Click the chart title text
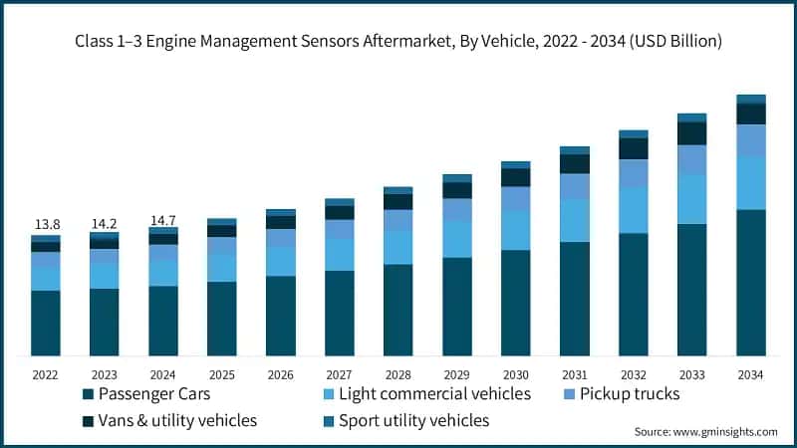pos(398,41)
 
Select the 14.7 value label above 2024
pos(163,218)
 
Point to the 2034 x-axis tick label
pos(750,375)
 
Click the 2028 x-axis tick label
pos(398,375)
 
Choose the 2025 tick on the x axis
pos(221,375)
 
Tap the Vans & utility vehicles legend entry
pos(168,420)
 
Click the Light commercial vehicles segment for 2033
pos(691,199)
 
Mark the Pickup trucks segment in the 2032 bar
pos(633,174)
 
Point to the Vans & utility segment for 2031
pos(574,164)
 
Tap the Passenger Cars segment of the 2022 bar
pos(46,323)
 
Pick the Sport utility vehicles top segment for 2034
pos(750,99)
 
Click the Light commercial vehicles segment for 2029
pos(456,239)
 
